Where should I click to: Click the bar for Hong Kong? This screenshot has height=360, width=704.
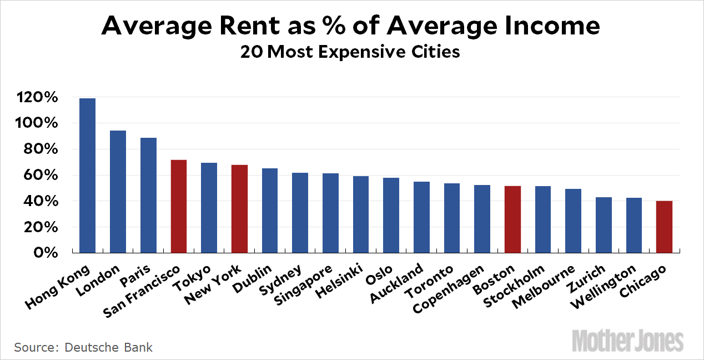pos(87,176)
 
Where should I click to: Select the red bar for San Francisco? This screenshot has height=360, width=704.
pos(178,206)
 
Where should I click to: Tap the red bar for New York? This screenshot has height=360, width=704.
pos(239,209)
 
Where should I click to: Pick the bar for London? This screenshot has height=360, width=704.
pos(118,192)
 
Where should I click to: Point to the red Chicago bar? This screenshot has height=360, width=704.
pos(664,227)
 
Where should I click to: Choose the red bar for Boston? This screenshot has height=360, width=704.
pos(512,219)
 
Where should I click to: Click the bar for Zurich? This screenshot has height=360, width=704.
pos(604,225)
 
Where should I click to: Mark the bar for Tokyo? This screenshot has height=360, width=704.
pos(209,208)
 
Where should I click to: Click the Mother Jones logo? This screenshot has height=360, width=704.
pos(627,339)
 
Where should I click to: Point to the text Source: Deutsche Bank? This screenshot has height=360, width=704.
pos(83,348)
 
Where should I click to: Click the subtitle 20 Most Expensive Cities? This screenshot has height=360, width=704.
pos(350,52)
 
